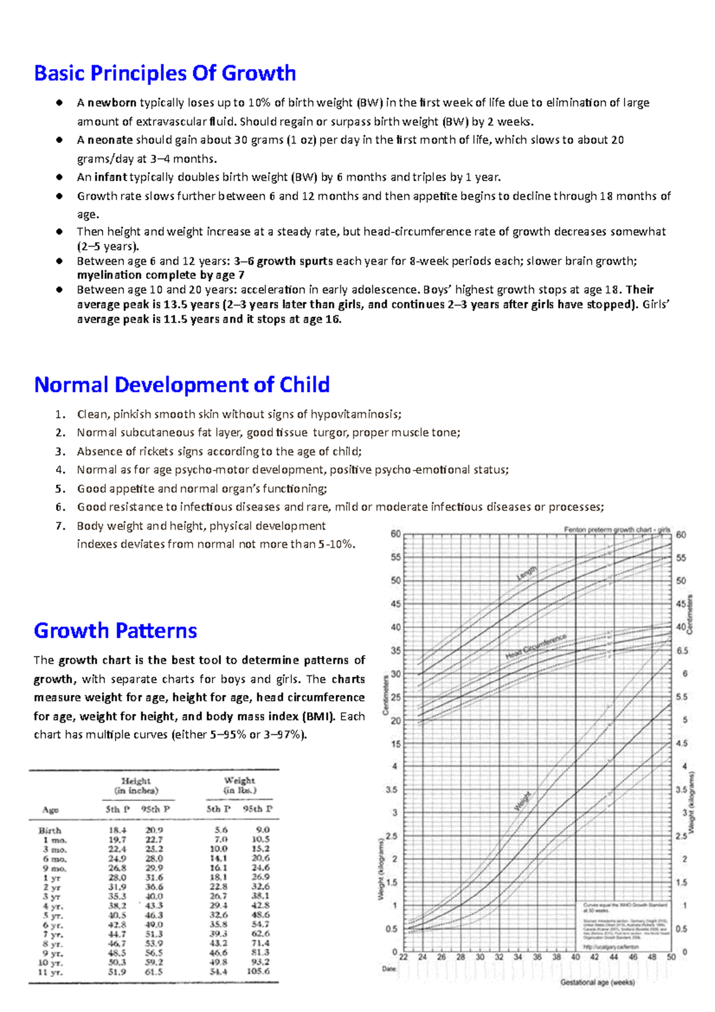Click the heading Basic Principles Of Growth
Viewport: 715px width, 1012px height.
[x=165, y=73]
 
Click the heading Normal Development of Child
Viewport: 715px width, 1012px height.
[x=182, y=385]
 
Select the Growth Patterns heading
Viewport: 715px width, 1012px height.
[x=115, y=631]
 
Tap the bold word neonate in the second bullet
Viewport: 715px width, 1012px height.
[x=110, y=140]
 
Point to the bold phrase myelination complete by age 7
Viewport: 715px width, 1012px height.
[x=161, y=275]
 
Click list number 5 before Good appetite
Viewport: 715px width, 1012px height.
[x=60, y=489]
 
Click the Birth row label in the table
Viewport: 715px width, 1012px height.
[x=50, y=830]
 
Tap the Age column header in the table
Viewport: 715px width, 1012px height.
[x=51, y=809]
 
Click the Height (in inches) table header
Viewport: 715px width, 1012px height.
[x=136, y=786]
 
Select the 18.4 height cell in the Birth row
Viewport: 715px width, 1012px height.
[x=117, y=830]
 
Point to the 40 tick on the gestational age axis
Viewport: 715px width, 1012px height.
[x=576, y=957]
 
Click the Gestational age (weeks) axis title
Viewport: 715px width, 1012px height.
[x=598, y=982]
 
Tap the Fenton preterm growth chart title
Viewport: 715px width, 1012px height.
[x=617, y=529]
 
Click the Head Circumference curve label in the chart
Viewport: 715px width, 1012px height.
[x=536, y=647]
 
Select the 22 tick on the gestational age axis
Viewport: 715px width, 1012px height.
[x=403, y=957]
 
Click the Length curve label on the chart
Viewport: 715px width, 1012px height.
[x=526, y=573]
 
